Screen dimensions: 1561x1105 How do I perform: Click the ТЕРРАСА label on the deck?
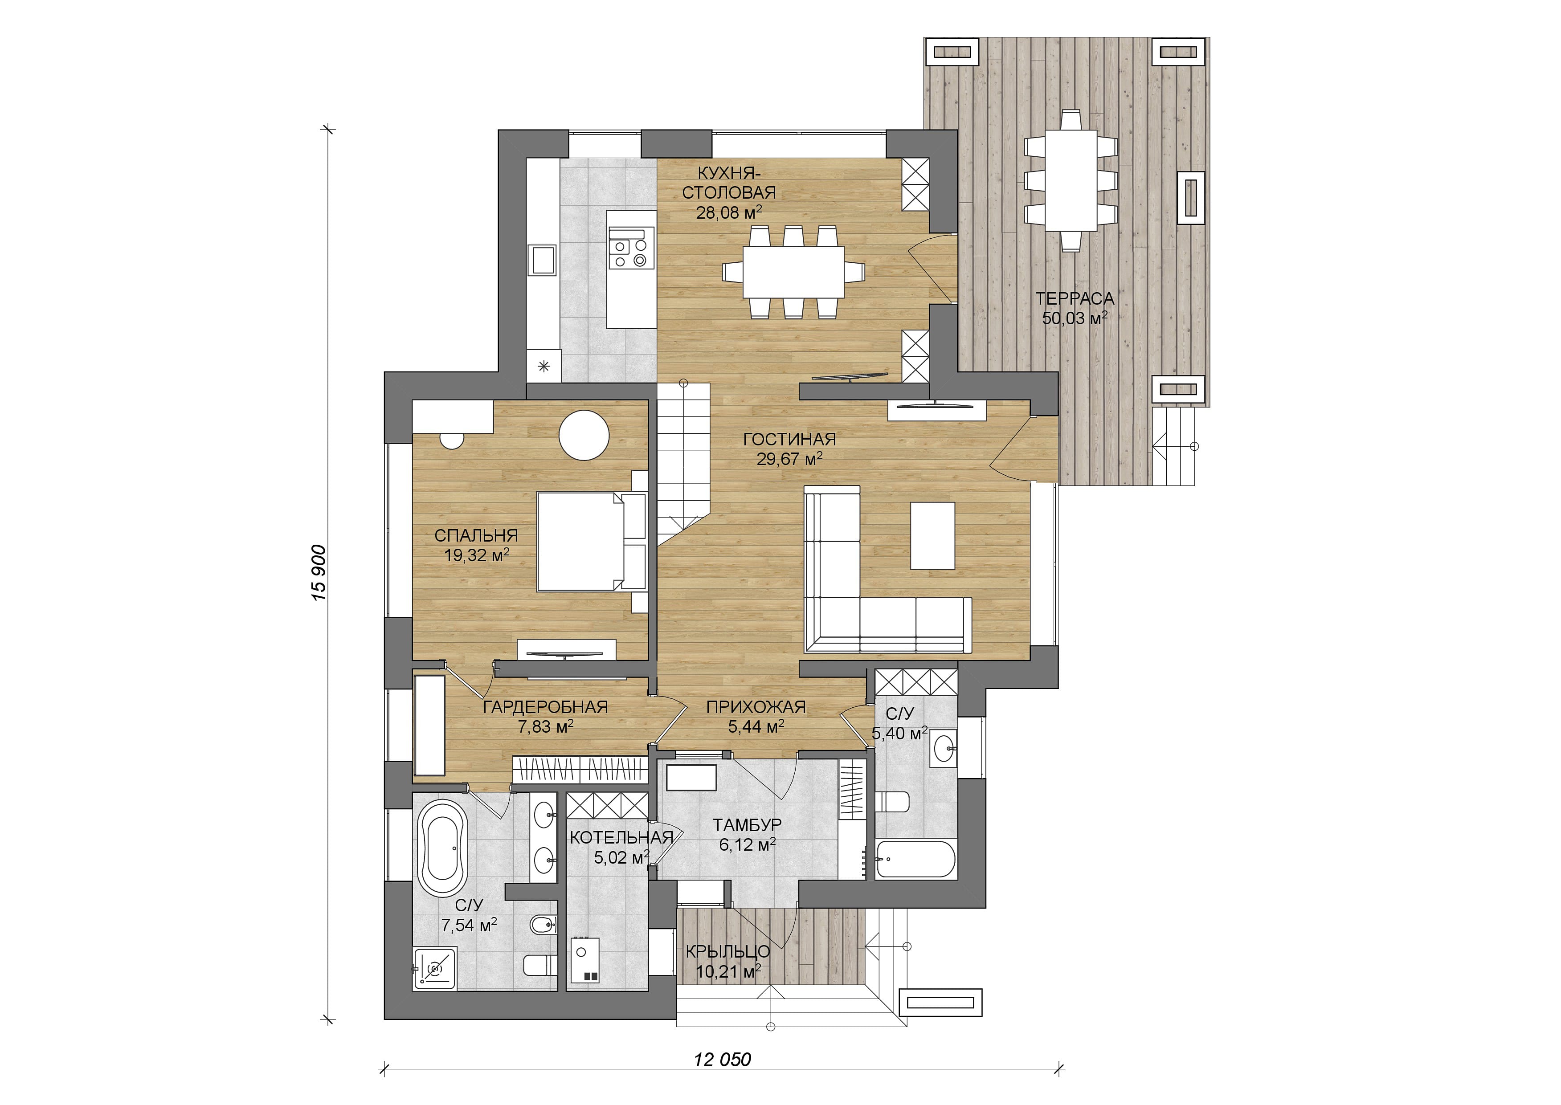tap(1075, 298)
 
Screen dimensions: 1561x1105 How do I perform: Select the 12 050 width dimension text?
tap(723, 1060)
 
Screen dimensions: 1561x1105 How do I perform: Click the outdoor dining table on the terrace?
tap(1071, 180)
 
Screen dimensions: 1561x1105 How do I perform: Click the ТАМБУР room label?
tap(747, 825)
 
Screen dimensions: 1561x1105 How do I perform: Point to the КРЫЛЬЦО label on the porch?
tap(727, 951)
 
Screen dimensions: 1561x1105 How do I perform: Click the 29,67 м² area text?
tap(789, 459)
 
